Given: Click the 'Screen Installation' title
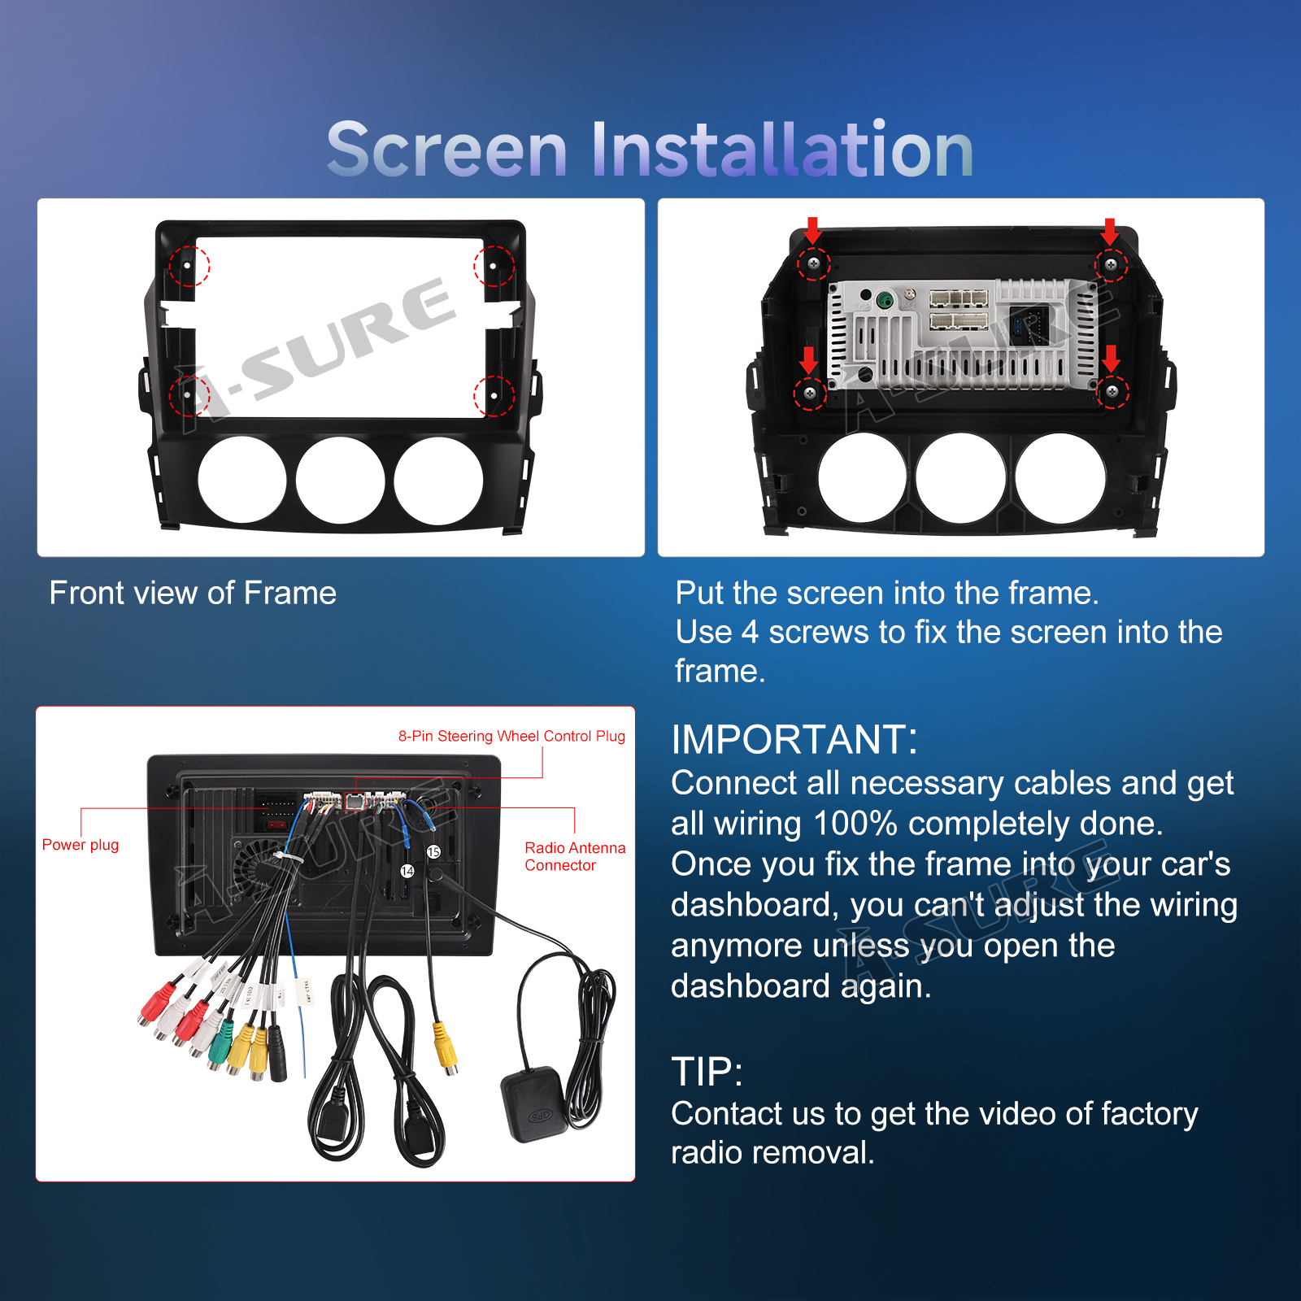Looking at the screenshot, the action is (x=650, y=148).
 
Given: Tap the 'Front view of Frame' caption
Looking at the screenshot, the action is (x=193, y=593).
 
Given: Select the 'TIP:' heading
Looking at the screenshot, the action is (x=707, y=1072).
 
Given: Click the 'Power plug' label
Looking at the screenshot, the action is (x=80, y=845).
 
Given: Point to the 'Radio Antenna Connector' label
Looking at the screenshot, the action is (x=575, y=856).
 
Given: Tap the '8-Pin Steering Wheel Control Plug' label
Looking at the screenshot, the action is (x=511, y=736).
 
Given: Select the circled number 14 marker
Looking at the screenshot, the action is (x=407, y=871).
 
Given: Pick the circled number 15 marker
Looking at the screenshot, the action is (x=433, y=851).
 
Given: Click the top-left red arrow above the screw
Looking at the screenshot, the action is (x=812, y=230).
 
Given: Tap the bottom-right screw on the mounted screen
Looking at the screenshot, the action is (x=1112, y=392).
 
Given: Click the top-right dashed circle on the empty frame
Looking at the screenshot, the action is (x=494, y=266).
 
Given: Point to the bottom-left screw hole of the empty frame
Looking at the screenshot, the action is (x=187, y=395).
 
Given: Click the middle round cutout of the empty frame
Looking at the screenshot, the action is (x=341, y=481).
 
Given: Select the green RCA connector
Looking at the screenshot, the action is (x=217, y=1051).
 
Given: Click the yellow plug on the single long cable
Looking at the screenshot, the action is (x=445, y=1048).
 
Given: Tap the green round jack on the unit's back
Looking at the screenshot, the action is (x=885, y=301).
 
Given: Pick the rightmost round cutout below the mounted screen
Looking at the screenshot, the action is (x=1060, y=477).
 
